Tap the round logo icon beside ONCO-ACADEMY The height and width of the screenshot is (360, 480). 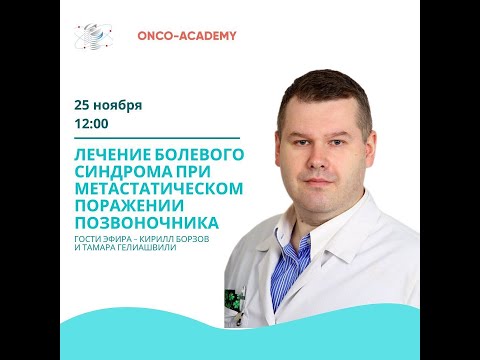[x=93, y=36]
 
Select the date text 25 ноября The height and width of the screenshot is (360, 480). [x=108, y=104]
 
